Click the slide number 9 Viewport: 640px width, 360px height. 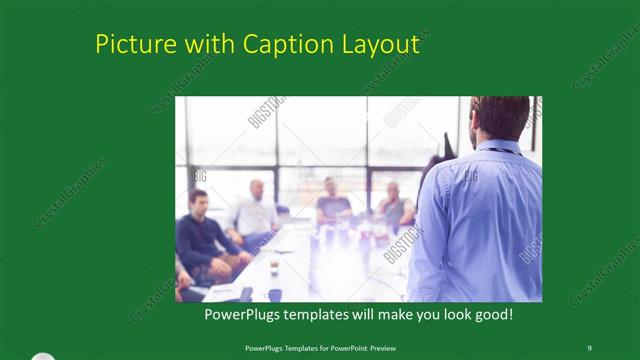[589, 347]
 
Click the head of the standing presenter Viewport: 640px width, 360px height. [500, 118]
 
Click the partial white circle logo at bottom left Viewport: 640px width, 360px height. [40, 356]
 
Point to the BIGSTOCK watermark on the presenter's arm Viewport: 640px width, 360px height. [403, 242]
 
